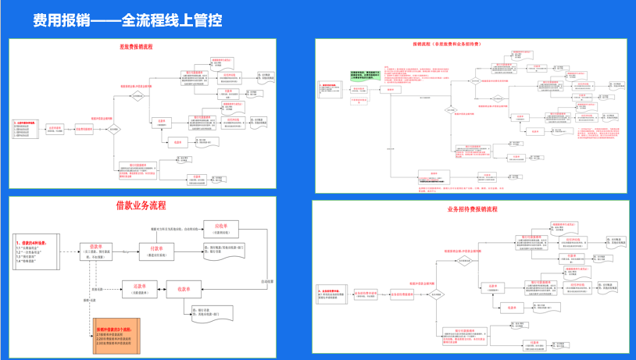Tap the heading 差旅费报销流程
click(x=136, y=47)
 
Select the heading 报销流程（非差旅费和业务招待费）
click(x=452, y=45)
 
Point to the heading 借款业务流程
click(x=141, y=206)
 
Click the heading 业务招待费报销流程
click(x=472, y=209)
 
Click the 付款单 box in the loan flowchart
click(x=156, y=251)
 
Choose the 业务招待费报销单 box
click(x=401, y=295)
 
